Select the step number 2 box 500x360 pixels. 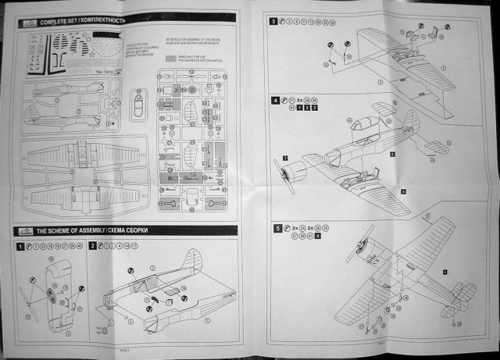pos(92,246)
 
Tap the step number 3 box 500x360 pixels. pos(274,22)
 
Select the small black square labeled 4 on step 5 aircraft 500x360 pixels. pos(444,272)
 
